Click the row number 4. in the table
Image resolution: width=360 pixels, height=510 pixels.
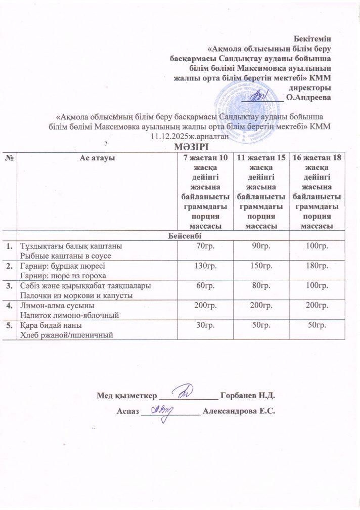[9, 306]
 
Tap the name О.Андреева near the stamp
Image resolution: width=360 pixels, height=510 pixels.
[308, 98]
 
